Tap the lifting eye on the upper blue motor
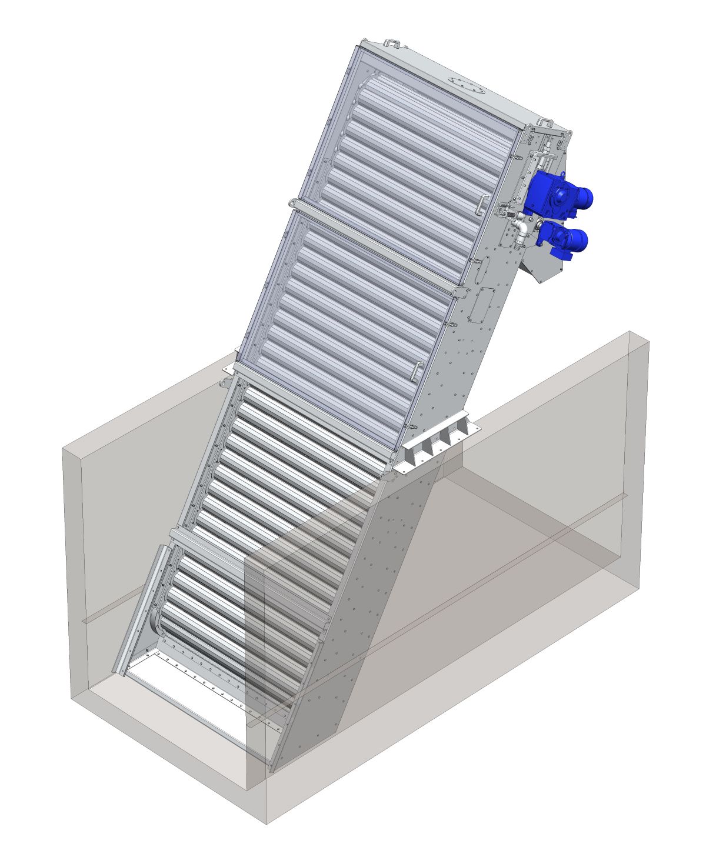[x=562, y=175]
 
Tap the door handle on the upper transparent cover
[x=482, y=204]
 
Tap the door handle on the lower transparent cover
[x=417, y=372]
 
